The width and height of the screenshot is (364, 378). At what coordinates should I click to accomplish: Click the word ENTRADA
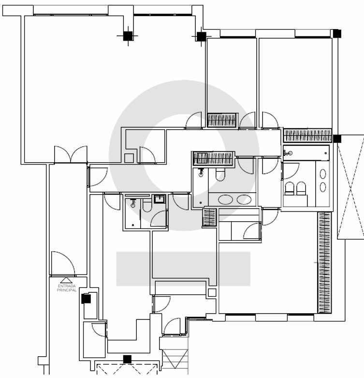66,286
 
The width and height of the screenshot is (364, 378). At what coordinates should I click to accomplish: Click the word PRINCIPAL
66,290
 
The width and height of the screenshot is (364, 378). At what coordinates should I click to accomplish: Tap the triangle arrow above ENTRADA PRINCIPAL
66,280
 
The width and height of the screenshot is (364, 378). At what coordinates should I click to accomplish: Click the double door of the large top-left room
71,154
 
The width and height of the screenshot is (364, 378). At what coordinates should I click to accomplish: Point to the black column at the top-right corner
337,33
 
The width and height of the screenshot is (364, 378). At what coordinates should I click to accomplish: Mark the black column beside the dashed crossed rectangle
337,138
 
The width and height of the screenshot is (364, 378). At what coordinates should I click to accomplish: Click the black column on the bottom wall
127,359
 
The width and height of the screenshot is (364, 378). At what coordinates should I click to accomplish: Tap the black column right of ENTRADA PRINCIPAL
86,299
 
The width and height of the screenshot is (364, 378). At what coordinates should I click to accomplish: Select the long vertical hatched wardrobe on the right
324,262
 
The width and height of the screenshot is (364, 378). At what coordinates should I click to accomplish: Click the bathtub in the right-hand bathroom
306,153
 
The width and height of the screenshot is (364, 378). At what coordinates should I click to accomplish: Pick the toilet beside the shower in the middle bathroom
220,175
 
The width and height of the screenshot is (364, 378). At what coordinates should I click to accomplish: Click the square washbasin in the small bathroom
160,199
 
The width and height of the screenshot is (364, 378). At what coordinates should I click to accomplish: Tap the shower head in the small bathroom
133,204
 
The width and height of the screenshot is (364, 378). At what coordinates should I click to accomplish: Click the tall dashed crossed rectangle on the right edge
351,187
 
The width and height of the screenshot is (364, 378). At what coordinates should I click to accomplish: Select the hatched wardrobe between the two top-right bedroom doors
222,120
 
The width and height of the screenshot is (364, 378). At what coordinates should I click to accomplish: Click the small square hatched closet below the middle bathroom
209,218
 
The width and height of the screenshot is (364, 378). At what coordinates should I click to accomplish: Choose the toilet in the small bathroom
147,205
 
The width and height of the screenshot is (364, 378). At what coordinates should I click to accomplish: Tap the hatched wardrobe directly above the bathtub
307,136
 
